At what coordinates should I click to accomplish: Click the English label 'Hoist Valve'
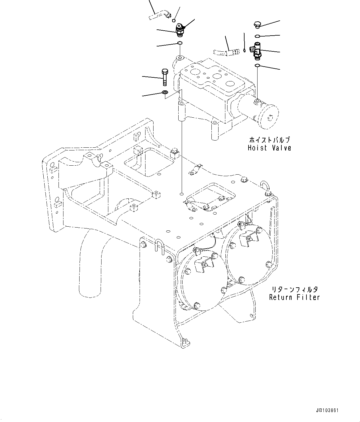point(269,148)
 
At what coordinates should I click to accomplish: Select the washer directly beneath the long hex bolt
point(165,92)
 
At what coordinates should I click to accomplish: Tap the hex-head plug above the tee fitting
point(257,24)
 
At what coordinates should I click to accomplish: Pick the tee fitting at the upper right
point(256,51)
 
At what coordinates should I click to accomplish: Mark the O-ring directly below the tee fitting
point(257,65)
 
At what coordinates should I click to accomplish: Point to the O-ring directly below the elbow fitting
point(180,43)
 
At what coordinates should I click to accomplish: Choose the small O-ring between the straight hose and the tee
point(244,50)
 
